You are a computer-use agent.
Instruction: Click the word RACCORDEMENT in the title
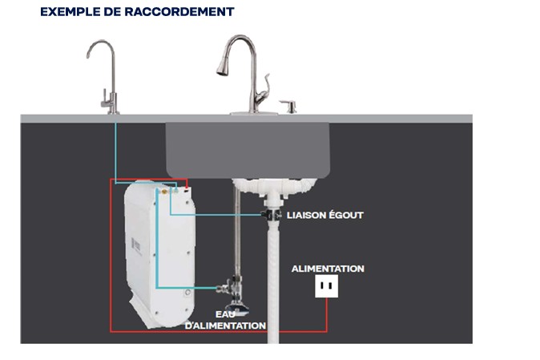click(179, 12)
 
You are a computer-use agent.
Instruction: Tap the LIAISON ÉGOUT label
click(325, 216)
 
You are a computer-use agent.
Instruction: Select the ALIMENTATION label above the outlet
click(328, 269)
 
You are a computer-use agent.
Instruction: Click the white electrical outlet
click(326, 286)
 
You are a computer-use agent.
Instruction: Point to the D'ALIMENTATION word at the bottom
click(225, 326)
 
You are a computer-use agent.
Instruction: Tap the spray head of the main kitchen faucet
click(223, 67)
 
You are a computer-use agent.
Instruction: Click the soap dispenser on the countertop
click(289, 106)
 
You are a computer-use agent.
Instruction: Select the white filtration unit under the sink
click(160, 253)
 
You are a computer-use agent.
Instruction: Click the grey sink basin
click(248, 150)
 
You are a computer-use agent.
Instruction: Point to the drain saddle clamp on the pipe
click(272, 215)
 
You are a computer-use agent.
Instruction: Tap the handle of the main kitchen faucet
click(264, 89)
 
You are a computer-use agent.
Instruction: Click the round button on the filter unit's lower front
click(187, 293)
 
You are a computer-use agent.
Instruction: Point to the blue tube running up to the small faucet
click(115, 152)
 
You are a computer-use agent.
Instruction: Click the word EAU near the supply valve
click(226, 314)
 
